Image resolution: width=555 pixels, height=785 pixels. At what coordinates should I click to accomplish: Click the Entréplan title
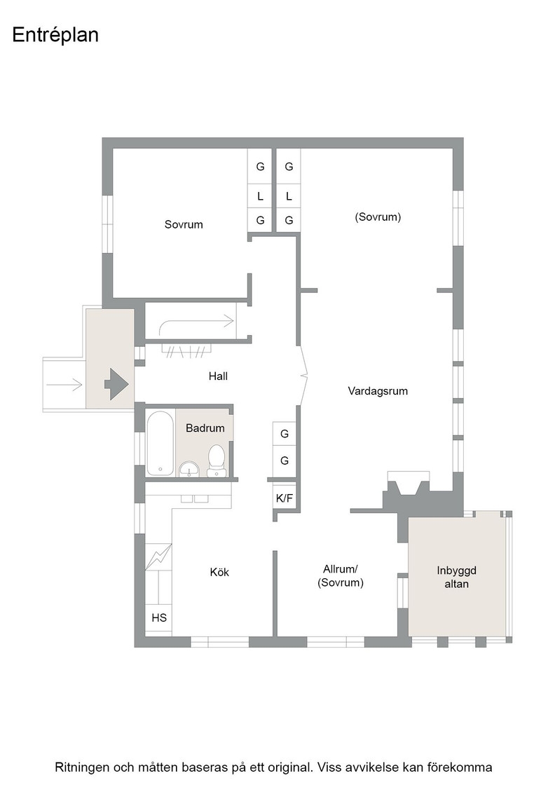[55, 36]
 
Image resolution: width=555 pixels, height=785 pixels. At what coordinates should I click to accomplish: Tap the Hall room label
[218, 376]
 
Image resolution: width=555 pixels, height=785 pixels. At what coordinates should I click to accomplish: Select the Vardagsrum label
[378, 391]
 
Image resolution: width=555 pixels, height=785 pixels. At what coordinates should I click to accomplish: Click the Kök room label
[219, 572]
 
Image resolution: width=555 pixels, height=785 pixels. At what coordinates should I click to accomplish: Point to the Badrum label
[205, 428]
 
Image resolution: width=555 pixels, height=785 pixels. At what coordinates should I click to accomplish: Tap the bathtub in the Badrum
[160, 443]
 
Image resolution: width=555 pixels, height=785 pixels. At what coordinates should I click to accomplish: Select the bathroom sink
[189, 469]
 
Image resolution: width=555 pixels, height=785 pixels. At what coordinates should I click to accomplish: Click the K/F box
[285, 498]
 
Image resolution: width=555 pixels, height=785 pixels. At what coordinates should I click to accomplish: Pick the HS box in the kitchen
[158, 617]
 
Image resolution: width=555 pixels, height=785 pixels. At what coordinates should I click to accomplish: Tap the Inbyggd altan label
[456, 578]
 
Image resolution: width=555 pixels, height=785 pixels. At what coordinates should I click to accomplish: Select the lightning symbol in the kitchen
[158, 557]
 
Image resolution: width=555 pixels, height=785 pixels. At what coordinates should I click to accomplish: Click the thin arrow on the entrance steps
[64, 385]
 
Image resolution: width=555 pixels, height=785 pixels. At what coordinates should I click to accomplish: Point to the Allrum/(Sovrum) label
[341, 575]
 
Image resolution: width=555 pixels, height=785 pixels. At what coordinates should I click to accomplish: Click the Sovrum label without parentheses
[184, 224]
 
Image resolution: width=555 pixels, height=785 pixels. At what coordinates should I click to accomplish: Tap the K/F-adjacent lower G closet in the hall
[285, 460]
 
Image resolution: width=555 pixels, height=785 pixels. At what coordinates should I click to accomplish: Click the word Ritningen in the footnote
[81, 767]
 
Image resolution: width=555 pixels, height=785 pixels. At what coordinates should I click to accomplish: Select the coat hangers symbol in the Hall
[186, 350]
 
